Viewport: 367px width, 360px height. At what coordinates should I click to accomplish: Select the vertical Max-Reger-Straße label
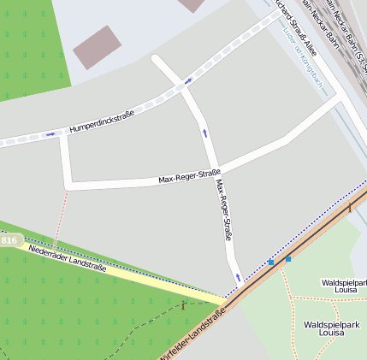coord(225,211)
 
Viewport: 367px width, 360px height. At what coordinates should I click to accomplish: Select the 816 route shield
coord(9,241)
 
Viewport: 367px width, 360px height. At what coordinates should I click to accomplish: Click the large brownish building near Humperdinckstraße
coord(97,47)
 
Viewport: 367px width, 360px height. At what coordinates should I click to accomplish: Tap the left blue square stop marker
coord(271,262)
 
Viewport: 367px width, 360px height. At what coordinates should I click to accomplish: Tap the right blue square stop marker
coord(287,258)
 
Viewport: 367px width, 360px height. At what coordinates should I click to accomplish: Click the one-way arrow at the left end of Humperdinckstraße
coord(51,133)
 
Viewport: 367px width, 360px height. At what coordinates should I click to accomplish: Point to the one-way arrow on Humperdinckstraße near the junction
coord(186,81)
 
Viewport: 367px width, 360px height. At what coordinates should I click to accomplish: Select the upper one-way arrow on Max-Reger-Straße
coord(204,133)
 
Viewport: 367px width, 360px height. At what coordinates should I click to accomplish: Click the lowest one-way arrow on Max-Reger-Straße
coord(238,277)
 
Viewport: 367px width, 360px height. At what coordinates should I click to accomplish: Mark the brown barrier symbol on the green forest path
coord(182,305)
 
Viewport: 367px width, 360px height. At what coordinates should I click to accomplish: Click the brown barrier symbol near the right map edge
coord(349,208)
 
